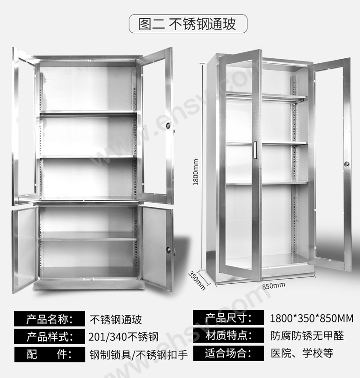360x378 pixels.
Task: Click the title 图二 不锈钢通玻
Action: pos(187,24)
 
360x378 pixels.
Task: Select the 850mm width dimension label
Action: pos(273,285)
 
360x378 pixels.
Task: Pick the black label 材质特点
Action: pos(229,336)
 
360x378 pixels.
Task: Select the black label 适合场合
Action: pos(229,353)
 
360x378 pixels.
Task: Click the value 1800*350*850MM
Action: pos(312,318)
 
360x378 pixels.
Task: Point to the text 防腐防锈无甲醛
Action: pos(307,336)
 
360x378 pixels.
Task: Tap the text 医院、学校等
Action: pos(302,353)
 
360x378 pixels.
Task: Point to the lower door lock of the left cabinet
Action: pos(172,250)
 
